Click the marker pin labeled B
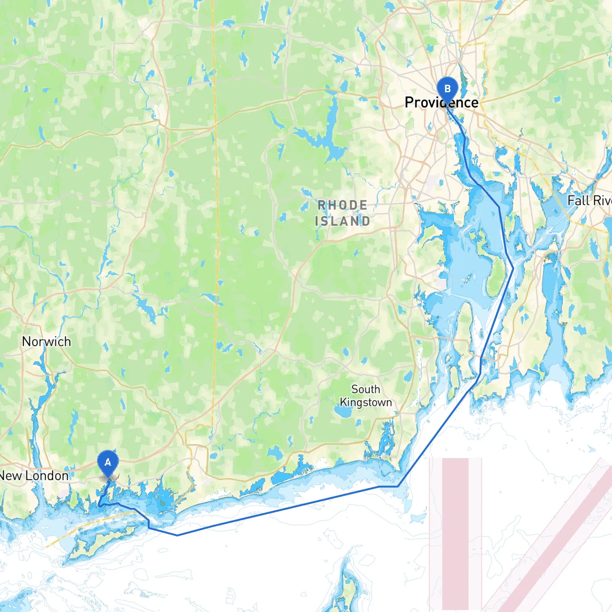448,89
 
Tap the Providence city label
441,102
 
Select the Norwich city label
46,341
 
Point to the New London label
34,476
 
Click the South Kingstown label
366,396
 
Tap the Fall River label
589,200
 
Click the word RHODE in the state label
343,205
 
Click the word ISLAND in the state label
342,221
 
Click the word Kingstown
366,402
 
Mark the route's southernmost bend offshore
177,535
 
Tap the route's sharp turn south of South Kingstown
398,486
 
